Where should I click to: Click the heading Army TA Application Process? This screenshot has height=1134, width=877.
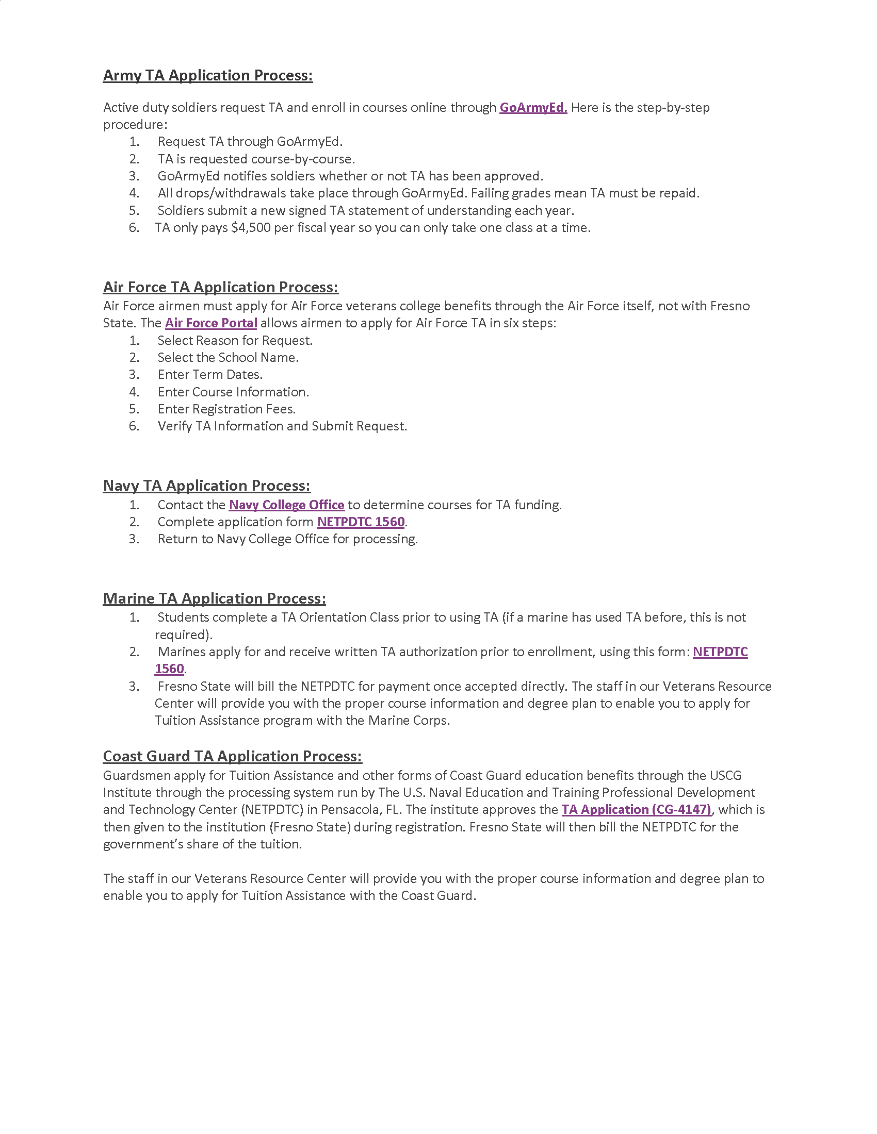click(x=207, y=76)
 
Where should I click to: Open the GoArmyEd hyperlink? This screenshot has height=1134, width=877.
click(x=532, y=108)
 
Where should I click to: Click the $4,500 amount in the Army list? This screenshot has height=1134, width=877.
click(x=250, y=228)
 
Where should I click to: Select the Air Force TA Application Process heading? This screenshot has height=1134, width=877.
click(x=220, y=287)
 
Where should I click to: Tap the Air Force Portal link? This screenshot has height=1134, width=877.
click(x=211, y=323)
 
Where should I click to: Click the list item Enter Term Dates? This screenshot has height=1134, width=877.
click(x=210, y=374)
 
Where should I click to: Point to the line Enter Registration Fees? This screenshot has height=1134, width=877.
click(x=226, y=409)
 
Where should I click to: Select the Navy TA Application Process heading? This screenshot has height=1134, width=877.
click(x=206, y=486)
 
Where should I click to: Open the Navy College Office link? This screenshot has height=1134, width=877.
click(x=286, y=505)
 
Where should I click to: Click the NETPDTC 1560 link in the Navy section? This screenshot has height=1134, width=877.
click(x=361, y=522)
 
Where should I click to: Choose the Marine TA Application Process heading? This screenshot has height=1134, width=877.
click(x=214, y=598)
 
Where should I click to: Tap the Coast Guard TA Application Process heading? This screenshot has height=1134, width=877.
click(x=232, y=757)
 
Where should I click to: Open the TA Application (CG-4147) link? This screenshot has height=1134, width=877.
click(x=636, y=809)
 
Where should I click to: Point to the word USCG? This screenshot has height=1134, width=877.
click(x=725, y=775)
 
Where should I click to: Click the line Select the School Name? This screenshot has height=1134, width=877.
click(x=228, y=357)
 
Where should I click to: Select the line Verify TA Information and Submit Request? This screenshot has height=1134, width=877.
click(x=282, y=426)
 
